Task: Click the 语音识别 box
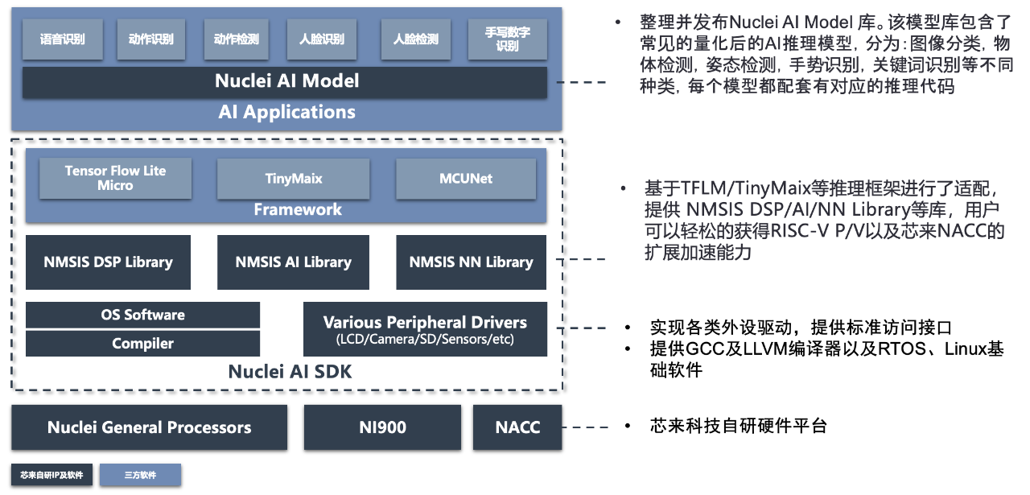pyautogui.click(x=62, y=39)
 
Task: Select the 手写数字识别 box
pyautogui.click(x=507, y=39)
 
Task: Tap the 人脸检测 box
pyautogui.click(x=415, y=39)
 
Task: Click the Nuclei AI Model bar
pyautogui.click(x=286, y=81)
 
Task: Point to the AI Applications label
pyautogui.click(x=286, y=112)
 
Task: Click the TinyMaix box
pyautogui.click(x=293, y=179)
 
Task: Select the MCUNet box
pyautogui.click(x=466, y=179)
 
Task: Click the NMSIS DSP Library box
pyautogui.click(x=109, y=262)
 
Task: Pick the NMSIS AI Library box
pyautogui.click(x=293, y=262)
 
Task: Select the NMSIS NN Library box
pyautogui.click(x=471, y=262)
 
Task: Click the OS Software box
pyautogui.click(x=142, y=315)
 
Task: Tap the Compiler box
pyautogui.click(x=142, y=344)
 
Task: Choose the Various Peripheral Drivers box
pyautogui.click(x=425, y=329)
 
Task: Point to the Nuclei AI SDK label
pyautogui.click(x=290, y=372)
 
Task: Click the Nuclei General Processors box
pyautogui.click(x=149, y=427)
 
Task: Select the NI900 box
pyautogui.click(x=382, y=427)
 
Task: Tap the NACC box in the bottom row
pyautogui.click(x=517, y=427)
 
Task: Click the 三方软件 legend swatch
pyautogui.click(x=140, y=475)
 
